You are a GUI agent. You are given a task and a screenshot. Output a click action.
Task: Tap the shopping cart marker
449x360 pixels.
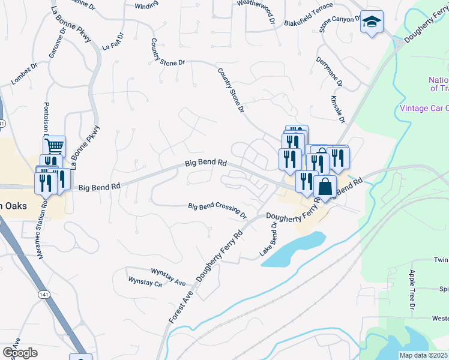pos(55,146)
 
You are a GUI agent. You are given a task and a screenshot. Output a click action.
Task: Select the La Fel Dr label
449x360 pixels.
pos(112,44)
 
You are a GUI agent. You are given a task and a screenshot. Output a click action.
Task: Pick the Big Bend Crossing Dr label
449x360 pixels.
pos(217,210)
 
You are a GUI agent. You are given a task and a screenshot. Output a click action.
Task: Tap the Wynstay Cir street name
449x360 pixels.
pos(146,282)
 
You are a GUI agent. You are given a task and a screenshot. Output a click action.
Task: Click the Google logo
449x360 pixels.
pos(20,352)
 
